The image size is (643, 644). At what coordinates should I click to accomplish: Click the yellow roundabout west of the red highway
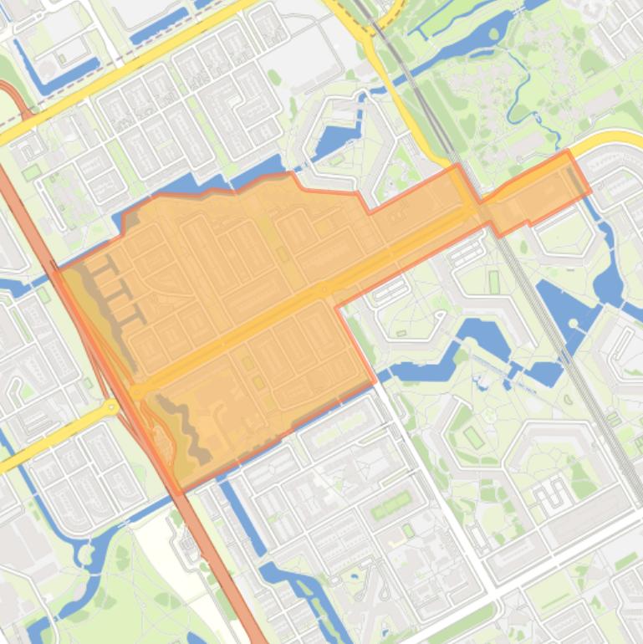click(110, 407)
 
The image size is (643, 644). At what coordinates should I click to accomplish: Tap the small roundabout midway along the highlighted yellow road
click(326, 289)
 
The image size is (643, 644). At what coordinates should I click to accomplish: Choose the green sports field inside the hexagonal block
click(473, 437)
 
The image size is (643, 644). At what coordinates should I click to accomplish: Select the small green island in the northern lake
click(336, 159)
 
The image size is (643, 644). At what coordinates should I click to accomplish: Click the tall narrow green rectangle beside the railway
click(494, 282)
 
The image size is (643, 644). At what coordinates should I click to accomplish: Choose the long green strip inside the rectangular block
click(390, 504)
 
